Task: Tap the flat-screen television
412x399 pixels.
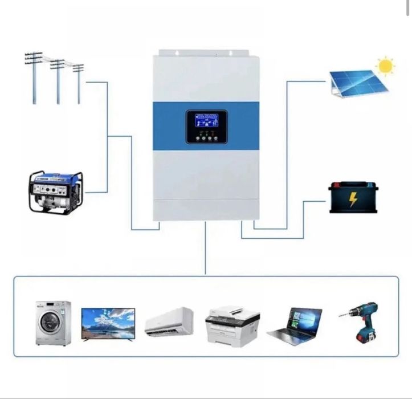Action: click(x=108, y=324)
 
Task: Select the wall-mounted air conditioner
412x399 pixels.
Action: click(x=169, y=322)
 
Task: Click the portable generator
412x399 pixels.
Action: click(x=55, y=192)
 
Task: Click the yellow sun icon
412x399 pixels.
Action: click(x=386, y=66)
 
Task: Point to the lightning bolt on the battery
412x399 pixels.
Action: click(x=353, y=199)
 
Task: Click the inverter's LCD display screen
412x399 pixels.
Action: click(x=206, y=121)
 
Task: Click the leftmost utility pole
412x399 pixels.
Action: click(x=34, y=77)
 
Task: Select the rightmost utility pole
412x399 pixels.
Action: click(x=78, y=83)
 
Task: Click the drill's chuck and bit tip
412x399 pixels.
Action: click(x=342, y=313)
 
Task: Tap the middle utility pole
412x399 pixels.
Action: click(x=58, y=80)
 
